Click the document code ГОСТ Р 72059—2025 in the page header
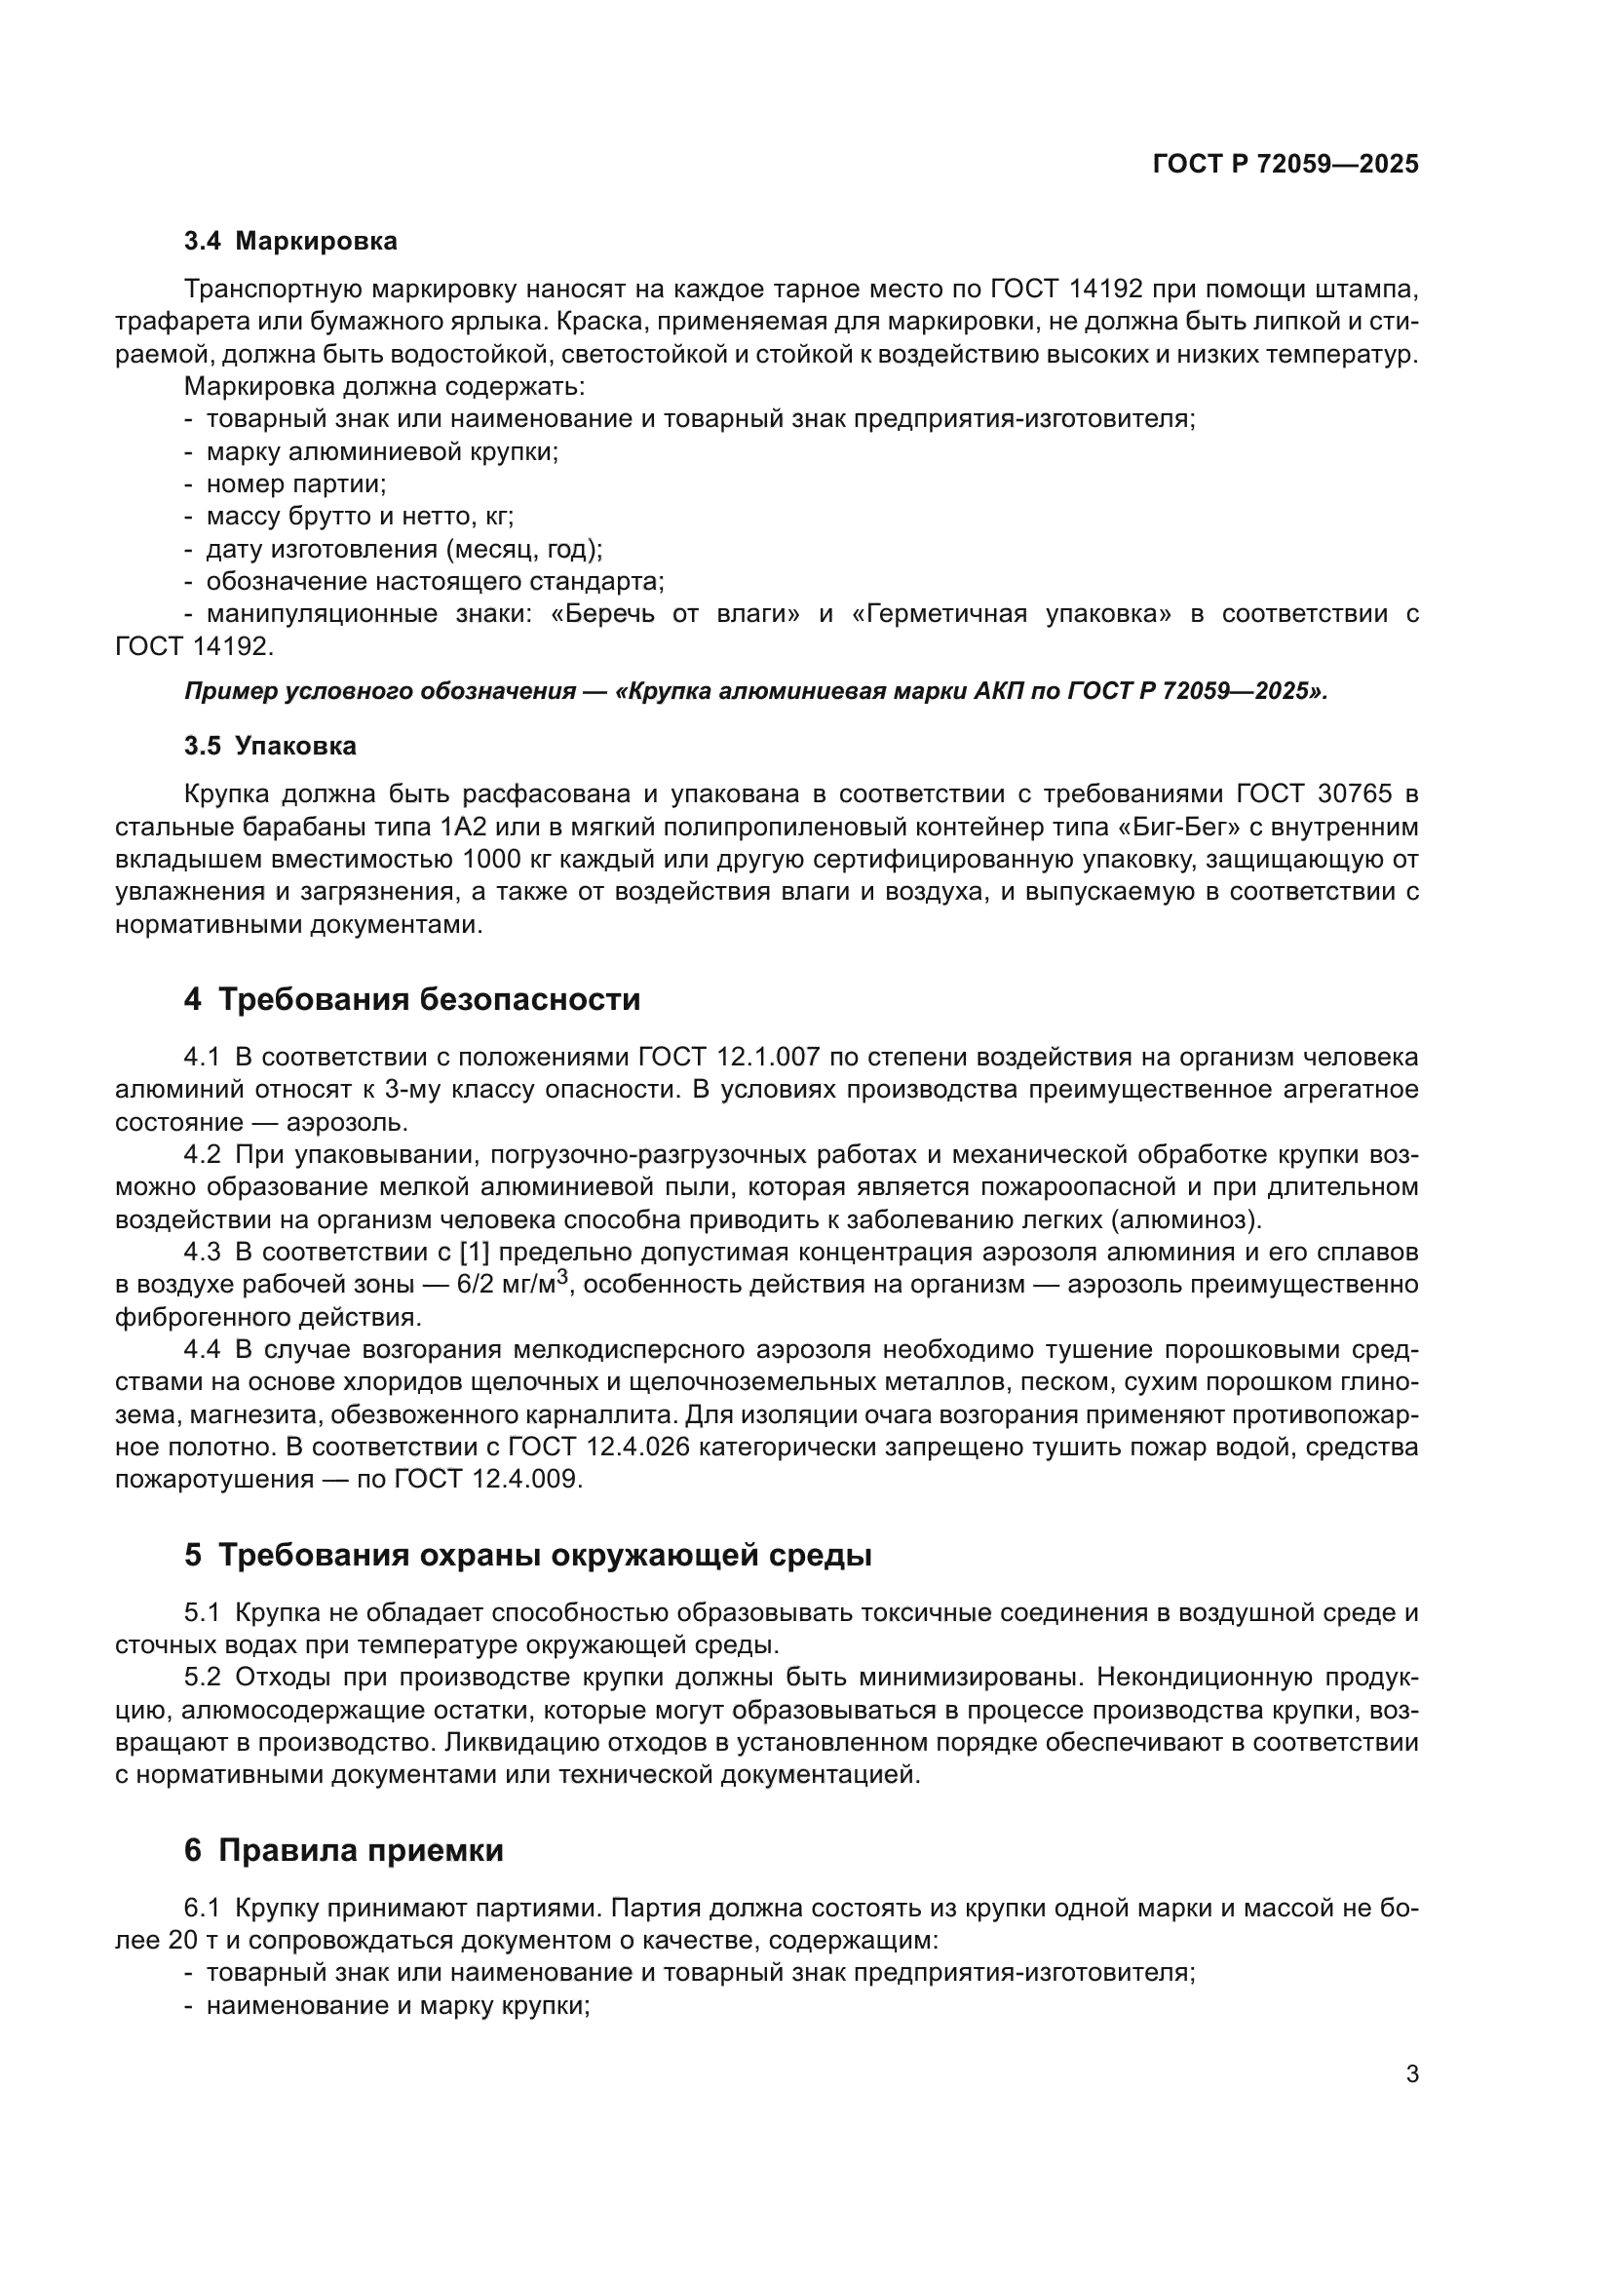tap(1286, 164)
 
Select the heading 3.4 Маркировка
tap(289, 242)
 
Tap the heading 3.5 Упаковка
tap(270, 746)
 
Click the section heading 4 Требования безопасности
tap(412, 999)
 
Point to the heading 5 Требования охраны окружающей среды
tap(527, 1555)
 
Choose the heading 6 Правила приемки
tap(343, 1850)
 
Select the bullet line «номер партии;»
tap(296, 484)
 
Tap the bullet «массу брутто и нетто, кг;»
tap(360, 517)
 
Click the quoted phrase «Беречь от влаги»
tap(675, 614)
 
